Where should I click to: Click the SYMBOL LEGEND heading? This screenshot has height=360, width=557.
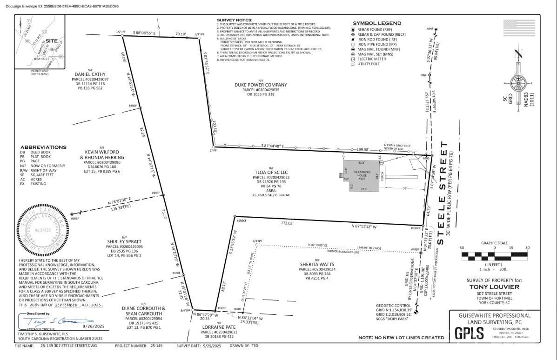point(376,23)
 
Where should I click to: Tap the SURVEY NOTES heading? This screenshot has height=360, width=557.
point(235,20)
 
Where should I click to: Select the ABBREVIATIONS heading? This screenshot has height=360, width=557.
point(43,147)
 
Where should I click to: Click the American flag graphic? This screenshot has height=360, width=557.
point(519,28)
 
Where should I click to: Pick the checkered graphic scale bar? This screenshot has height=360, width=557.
point(495,254)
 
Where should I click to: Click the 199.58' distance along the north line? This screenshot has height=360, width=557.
point(362,150)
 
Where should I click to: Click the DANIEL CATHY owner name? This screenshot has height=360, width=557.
point(89,74)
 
